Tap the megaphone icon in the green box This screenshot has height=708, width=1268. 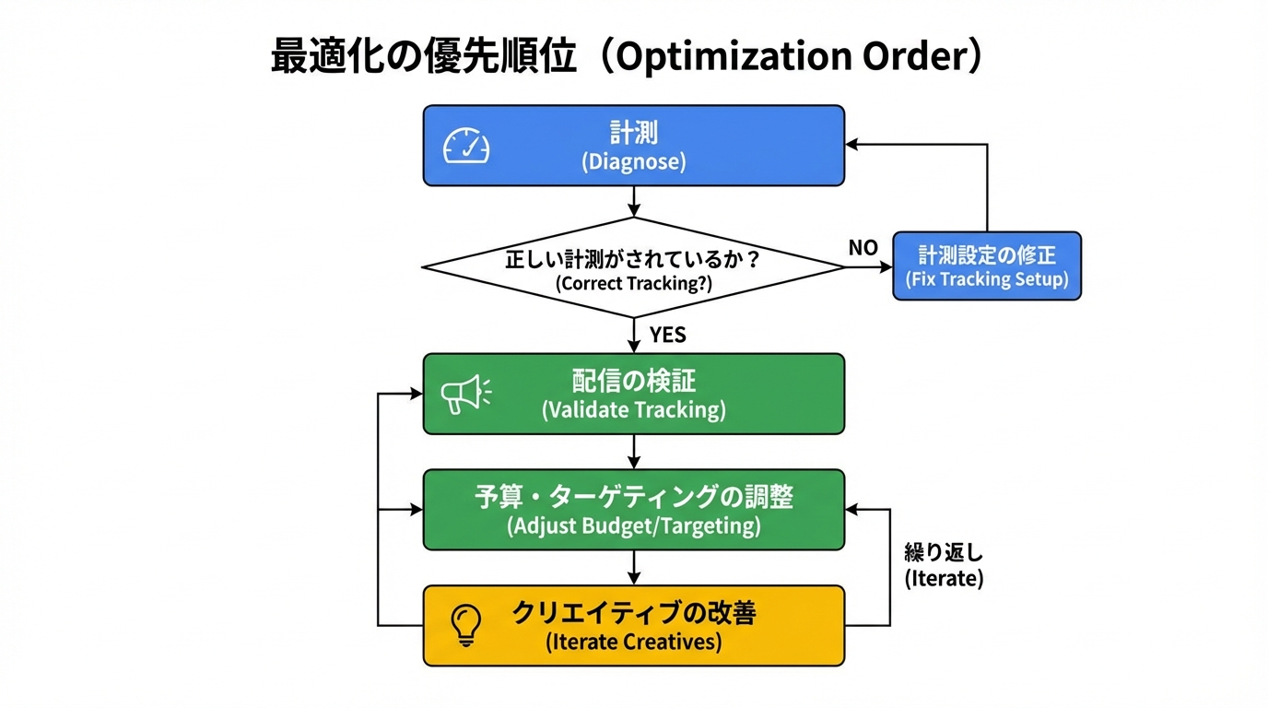coord(466,394)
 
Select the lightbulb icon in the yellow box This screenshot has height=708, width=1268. coord(466,625)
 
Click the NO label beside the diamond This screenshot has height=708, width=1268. coord(863,248)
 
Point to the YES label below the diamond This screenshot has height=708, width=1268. coord(667,335)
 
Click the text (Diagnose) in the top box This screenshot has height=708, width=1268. coord(634,162)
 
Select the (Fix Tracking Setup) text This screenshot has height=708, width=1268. coord(987,280)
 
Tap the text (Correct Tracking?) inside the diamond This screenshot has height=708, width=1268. coord(634,284)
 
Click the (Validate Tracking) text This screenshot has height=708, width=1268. coord(634,410)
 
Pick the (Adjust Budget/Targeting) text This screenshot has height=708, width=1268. coord(634,526)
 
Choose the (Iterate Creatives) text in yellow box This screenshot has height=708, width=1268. coord(634,642)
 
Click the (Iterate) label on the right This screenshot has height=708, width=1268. coord(944,579)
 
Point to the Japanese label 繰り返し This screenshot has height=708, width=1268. coord(944,553)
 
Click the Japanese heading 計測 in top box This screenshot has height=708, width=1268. coord(634,133)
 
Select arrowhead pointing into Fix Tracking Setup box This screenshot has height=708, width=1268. coord(886,267)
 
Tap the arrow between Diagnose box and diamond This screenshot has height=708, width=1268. coord(634,202)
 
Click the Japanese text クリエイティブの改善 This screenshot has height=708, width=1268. coord(634,613)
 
